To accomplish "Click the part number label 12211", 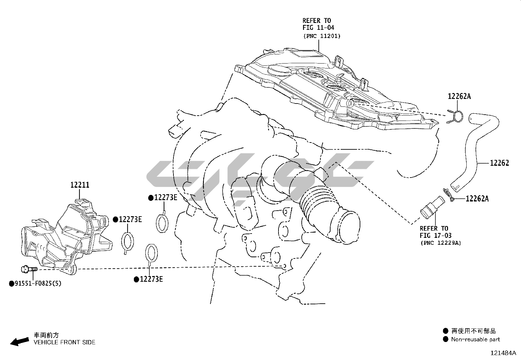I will coord(80,185).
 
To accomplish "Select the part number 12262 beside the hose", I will coord(499,163).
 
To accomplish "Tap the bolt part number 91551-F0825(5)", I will coord(37,283).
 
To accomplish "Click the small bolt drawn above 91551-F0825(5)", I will coord(29,270).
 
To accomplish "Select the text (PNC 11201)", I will coord(322,36).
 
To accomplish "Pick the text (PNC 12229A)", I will coord(440,243).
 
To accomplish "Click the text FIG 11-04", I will coord(318,28).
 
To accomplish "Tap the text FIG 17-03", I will coord(436,236).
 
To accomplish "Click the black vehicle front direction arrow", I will coord(20,341).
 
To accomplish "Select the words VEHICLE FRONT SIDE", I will coord(64,342).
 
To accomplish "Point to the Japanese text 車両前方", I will coord(46,335).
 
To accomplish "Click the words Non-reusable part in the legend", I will coord(475,339).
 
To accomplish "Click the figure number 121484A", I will coord(503,353).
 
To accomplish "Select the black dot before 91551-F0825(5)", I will coord(11,283).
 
